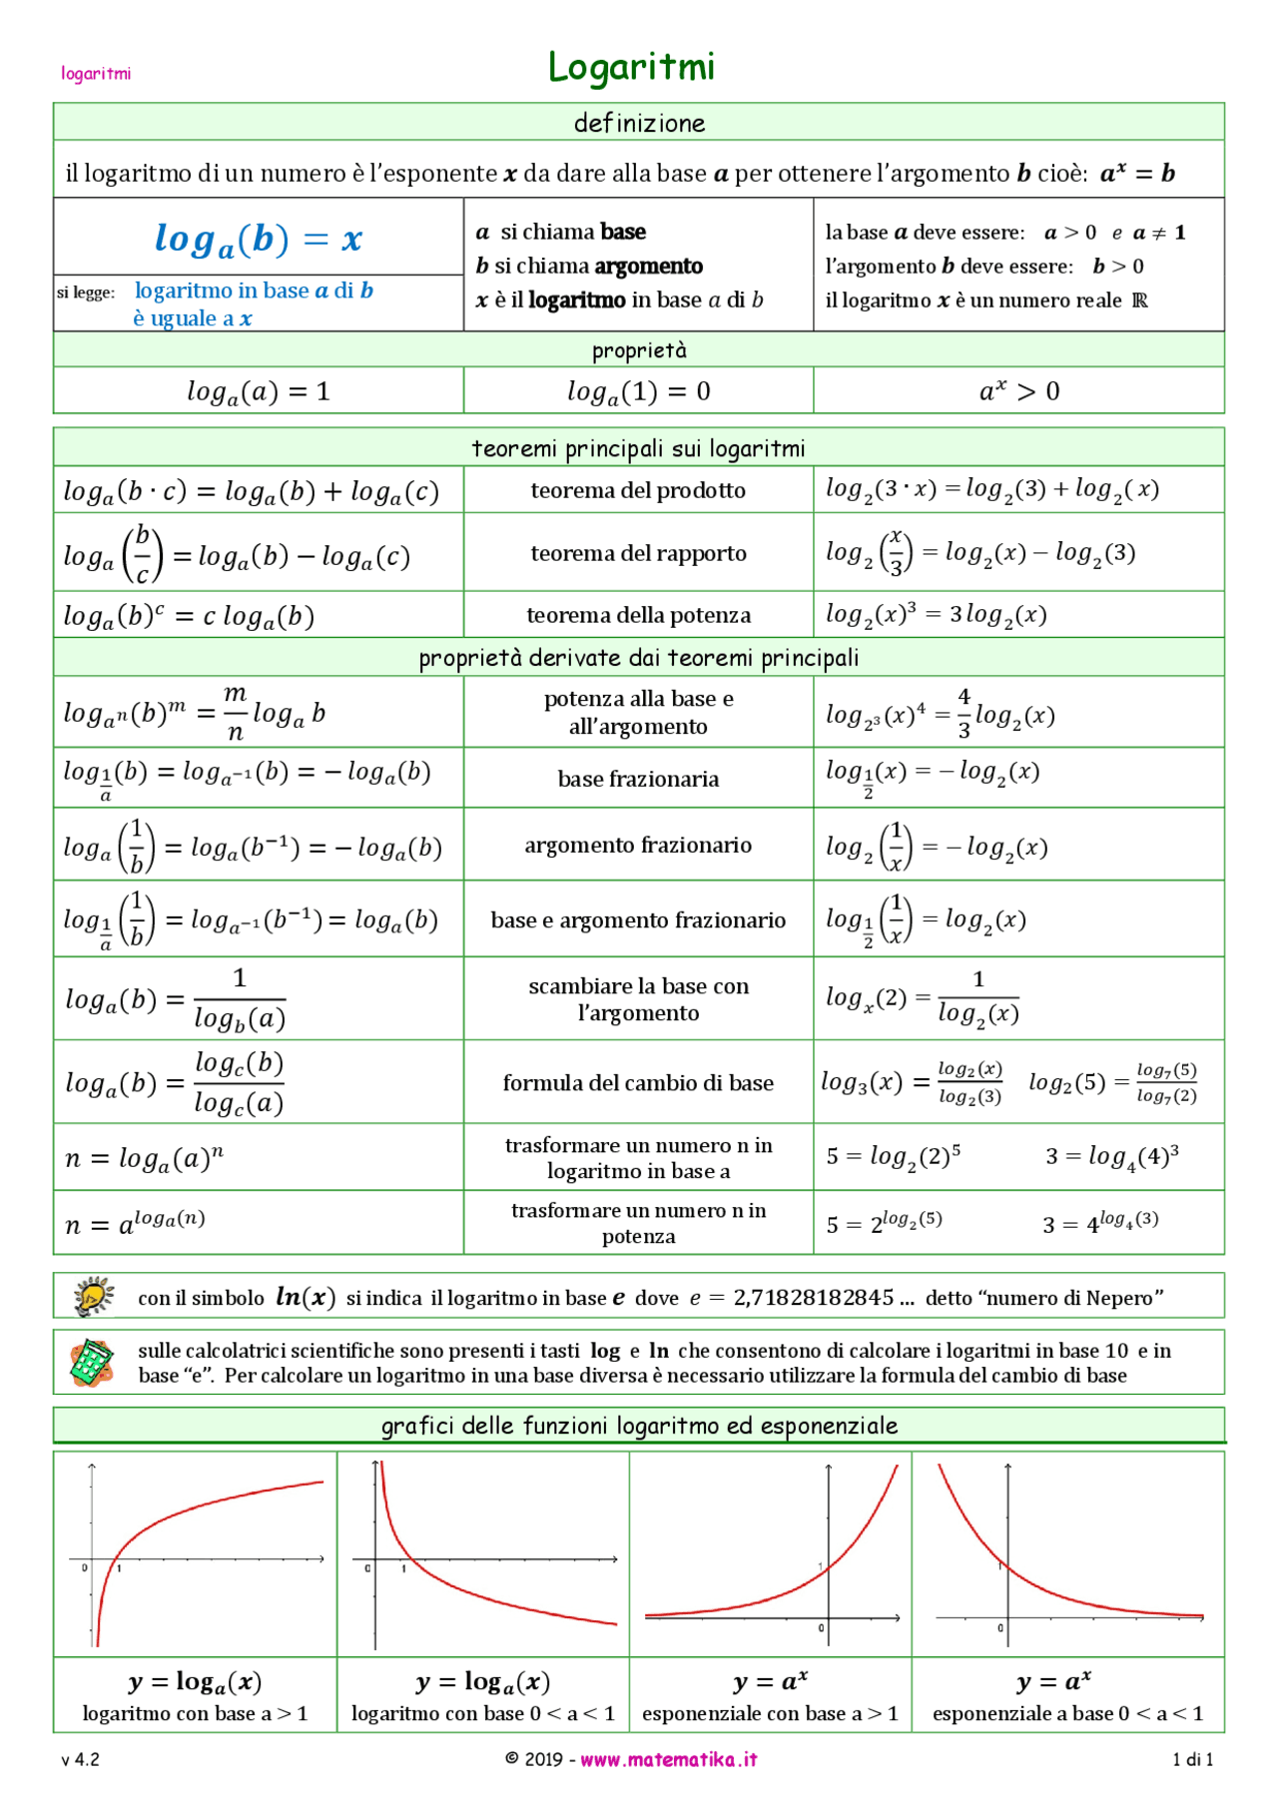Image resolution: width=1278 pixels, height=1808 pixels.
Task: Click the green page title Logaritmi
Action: click(631, 67)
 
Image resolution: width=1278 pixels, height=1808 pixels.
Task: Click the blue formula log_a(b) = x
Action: click(258, 239)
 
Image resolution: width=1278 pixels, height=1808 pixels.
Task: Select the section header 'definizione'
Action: click(639, 123)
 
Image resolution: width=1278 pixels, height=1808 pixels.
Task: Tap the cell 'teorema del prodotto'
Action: click(638, 490)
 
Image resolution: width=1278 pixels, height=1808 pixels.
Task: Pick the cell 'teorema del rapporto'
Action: click(638, 553)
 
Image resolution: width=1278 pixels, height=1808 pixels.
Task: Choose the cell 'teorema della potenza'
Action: click(638, 615)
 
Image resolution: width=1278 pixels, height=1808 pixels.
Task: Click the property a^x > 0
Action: click(1018, 390)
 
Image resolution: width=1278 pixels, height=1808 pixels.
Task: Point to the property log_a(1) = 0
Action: click(638, 391)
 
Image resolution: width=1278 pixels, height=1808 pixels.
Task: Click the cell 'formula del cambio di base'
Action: click(638, 1083)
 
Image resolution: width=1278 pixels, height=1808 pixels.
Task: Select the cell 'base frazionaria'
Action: click(638, 779)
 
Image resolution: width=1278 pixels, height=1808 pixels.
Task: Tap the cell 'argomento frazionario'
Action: click(638, 845)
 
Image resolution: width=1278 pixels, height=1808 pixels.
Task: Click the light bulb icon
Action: click(94, 1296)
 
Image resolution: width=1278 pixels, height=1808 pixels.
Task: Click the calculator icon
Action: click(92, 1362)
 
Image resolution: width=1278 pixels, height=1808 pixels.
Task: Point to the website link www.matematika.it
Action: click(668, 1759)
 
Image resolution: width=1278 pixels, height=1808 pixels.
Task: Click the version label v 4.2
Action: click(80, 1759)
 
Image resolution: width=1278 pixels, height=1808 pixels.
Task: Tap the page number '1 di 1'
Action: click(1192, 1759)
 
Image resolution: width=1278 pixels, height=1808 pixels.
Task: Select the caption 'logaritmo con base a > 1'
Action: click(195, 1713)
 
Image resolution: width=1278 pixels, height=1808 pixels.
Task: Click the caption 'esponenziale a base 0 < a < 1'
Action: click(1067, 1713)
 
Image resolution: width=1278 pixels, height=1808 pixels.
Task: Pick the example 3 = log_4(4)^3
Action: click(1111, 1156)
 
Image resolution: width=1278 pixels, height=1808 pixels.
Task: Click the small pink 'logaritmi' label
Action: click(96, 73)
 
